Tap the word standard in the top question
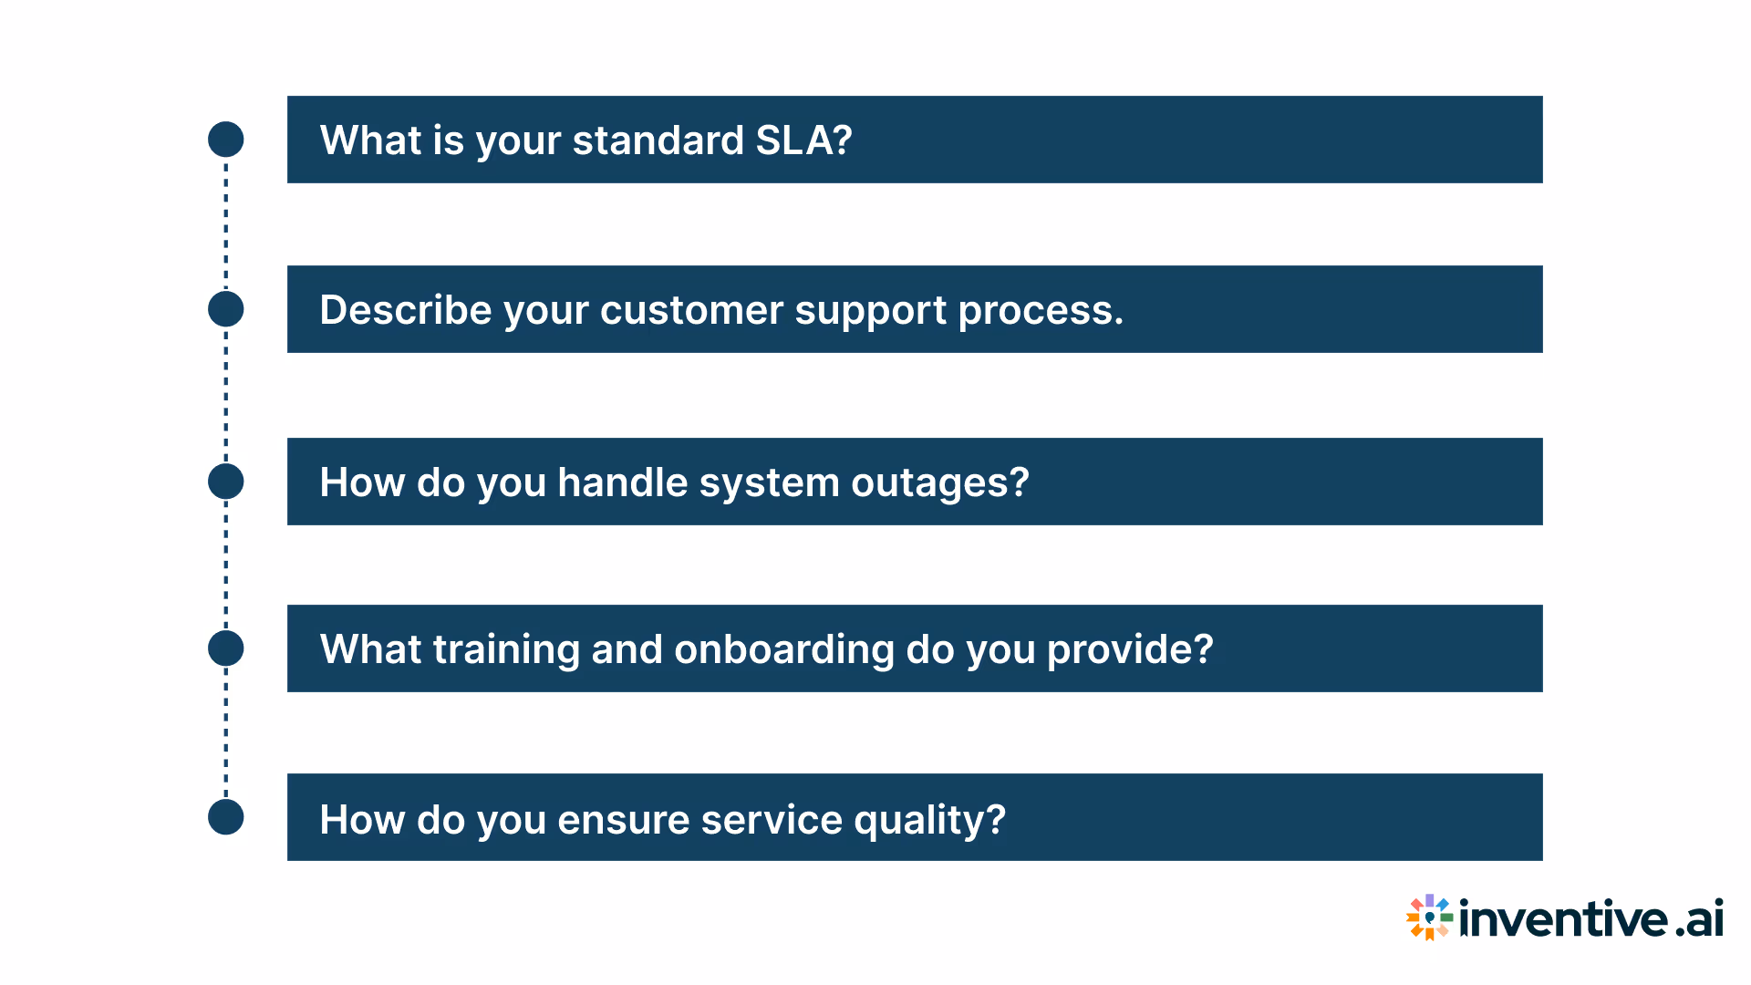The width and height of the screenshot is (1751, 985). pyautogui.click(x=658, y=140)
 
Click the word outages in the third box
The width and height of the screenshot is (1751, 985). pyautogui.click(x=938, y=482)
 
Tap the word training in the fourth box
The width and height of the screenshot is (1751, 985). pyautogui.click(x=506, y=650)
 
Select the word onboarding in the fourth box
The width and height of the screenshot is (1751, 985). pyautogui.click(x=784, y=650)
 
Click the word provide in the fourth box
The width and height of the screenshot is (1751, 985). pyautogui.click(x=1129, y=649)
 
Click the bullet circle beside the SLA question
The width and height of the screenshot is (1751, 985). pyautogui.click(x=226, y=140)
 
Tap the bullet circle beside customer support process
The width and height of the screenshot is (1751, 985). pyautogui.click(x=226, y=309)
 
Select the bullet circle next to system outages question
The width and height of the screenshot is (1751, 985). pyautogui.click(x=226, y=482)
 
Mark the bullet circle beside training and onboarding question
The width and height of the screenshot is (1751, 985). pyautogui.click(x=226, y=648)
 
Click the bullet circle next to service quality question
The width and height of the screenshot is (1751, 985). pyautogui.click(x=226, y=817)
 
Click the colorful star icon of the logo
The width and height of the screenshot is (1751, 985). pyautogui.click(x=1429, y=918)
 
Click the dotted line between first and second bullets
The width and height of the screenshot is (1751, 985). pyautogui.click(x=226, y=224)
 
